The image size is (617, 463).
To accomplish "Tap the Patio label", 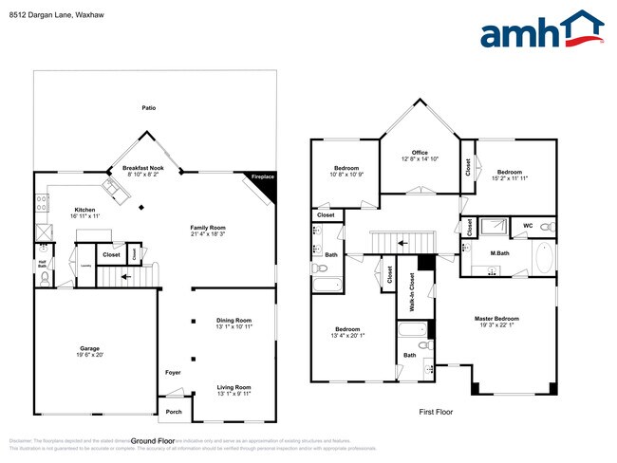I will click(148, 108).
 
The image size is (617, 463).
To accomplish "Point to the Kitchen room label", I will click(85, 210).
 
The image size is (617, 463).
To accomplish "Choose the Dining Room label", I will click(234, 320).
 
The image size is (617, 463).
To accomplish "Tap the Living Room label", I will click(234, 386).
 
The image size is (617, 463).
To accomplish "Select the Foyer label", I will click(173, 372).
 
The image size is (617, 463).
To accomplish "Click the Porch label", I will click(174, 412).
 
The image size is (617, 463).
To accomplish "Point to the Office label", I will click(420, 153).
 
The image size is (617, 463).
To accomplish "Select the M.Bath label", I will click(501, 252).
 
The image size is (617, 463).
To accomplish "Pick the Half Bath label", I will click(42, 264).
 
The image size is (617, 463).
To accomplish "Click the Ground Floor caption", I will click(153, 441).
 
